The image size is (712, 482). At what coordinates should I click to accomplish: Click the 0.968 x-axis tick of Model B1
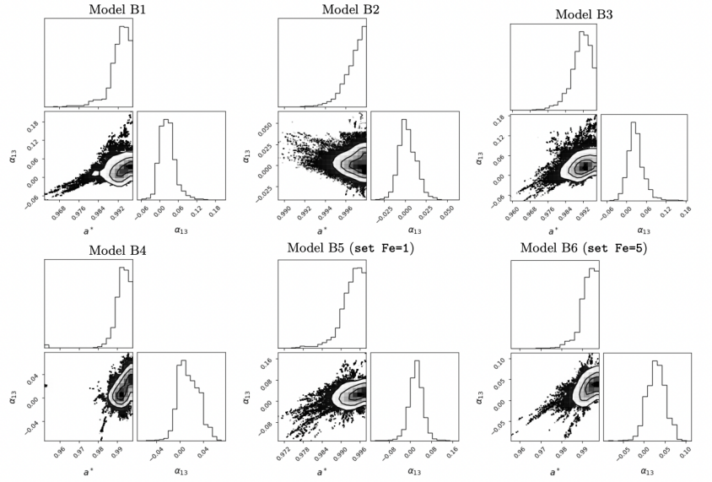(58, 213)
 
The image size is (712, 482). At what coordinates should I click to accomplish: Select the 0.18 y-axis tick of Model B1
(31, 122)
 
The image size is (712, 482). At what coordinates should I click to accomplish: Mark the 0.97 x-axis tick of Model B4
(79, 451)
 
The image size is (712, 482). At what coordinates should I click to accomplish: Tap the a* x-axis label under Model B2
(321, 229)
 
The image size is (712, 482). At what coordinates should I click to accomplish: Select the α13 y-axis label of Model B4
(12, 394)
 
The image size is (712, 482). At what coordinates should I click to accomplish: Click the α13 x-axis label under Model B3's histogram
(643, 230)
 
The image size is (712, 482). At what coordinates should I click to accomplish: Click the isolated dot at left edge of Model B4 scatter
(45, 385)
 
